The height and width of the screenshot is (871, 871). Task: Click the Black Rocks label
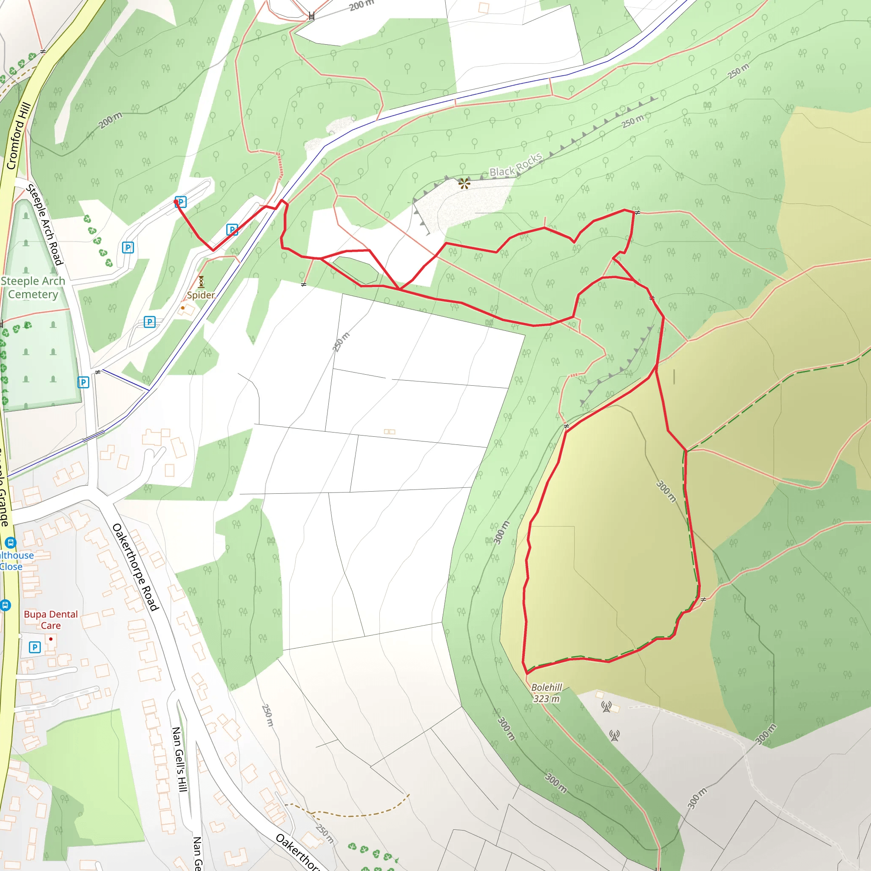point(516,165)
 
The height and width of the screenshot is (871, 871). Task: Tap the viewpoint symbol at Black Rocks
point(464,183)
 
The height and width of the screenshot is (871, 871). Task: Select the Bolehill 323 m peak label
point(547,693)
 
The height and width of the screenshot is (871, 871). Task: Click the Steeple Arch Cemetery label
point(33,287)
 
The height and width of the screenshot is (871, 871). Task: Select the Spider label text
point(201,295)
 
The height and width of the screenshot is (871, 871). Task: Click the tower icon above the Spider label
point(201,282)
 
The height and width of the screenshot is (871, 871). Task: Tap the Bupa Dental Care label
point(51,619)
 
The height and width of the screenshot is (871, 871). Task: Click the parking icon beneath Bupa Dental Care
point(35,647)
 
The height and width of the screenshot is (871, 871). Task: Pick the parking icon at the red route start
point(181,202)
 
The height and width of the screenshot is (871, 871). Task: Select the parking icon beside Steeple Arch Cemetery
point(83,382)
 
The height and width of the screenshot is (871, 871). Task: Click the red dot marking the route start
point(176,202)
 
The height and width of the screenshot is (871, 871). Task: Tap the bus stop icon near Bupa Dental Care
point(5,605)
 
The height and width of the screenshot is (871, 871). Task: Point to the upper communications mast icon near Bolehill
point(606,707)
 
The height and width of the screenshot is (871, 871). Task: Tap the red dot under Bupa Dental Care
point(51,639)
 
